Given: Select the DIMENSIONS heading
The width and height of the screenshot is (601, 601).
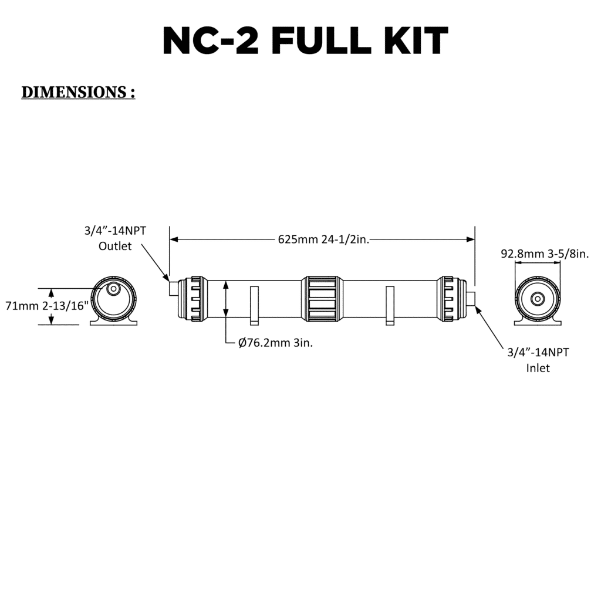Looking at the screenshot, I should click(78, 93).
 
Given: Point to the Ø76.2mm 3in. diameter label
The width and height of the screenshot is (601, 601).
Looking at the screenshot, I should click(275, 343).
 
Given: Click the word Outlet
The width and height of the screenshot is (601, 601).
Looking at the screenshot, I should click(115, 246).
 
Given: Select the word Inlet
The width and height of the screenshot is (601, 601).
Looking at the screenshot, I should click(538, 369).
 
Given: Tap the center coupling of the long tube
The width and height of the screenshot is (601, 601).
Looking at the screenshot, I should click(320, 299).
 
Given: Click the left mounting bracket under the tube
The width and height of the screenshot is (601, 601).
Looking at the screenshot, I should click(254, 305).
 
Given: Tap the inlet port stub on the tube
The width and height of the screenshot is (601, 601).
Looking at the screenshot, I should click(471, 299).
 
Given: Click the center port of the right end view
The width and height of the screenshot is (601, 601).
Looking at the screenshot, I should click(537, 299).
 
